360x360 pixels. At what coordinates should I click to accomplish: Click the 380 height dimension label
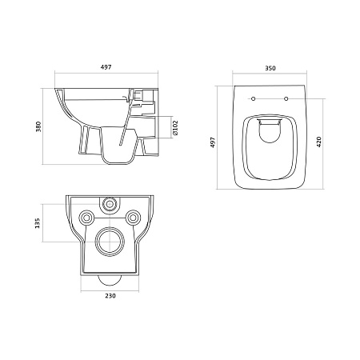(x=38, y=126)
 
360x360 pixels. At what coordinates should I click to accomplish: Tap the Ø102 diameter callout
(x=175, y=128)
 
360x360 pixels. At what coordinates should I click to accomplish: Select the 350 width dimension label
(x=270, y=68)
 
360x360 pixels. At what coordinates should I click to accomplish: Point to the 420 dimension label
(x=318, y=142)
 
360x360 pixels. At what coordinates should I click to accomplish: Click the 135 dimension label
(x=37, y=223)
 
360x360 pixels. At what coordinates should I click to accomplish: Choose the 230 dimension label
(x=110, y=296)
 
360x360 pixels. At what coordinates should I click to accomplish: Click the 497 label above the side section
(x=106, y=67)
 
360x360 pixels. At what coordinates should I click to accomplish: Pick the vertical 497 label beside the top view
(x=213, y=142)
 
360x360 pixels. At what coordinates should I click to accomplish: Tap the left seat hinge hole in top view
(x=254, y=99)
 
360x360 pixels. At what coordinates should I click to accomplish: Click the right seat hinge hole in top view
(x=286, y=99)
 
